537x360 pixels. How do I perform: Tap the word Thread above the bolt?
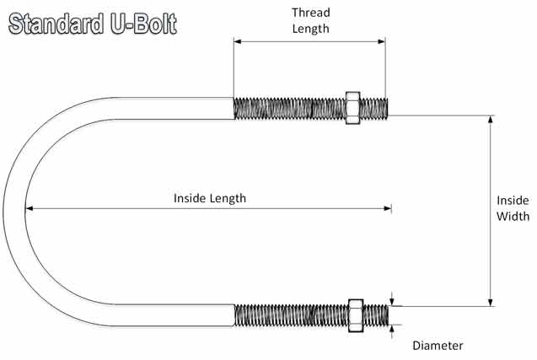[x=310, y=13]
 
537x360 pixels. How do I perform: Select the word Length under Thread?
[x=310, y=28]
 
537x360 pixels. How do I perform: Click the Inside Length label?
[x=210, y=198]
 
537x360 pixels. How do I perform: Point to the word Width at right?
[x=512, y=216]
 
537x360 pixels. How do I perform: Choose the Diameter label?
[x=438, y=345]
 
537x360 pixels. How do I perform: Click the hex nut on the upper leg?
[x=352, y=108]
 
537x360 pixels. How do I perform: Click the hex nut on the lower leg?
[x=355, y=314]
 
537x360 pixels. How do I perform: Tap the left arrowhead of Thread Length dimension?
[x=238, y=40]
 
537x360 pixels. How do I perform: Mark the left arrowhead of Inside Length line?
[x=30, y=208]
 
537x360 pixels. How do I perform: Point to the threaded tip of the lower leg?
[x=384, y=314]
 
